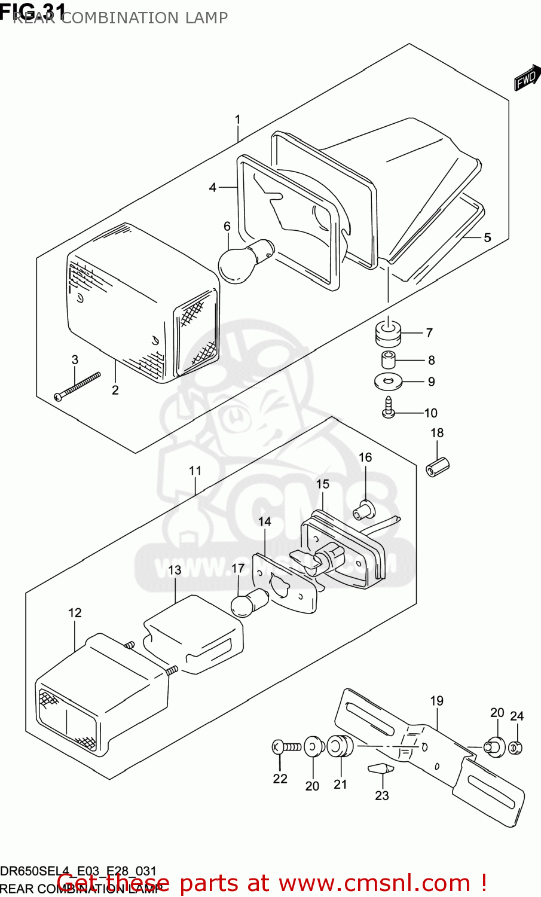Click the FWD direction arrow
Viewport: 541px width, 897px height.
click(525, 78)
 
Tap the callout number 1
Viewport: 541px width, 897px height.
click(237, 120)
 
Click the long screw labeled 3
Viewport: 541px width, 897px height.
click(77, 388)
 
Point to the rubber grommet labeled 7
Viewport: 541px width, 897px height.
click(388, 332)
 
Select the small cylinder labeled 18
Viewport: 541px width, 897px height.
click(438, 467)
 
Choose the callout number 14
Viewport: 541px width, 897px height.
click(264, 521)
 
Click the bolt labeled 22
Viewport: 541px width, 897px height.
click(286, 747)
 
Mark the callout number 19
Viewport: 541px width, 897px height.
click(437, 701)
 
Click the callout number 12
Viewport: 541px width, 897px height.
click(75, 613)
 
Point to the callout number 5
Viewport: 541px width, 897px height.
click(487, 238)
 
